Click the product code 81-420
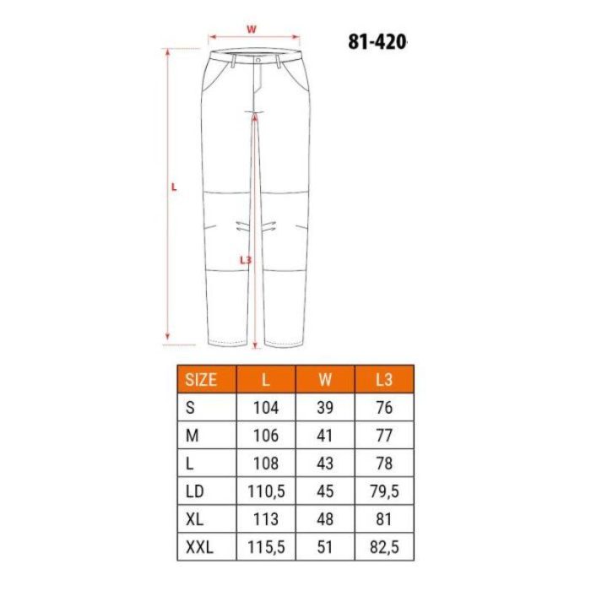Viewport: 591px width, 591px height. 377,42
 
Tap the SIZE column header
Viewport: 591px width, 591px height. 201,380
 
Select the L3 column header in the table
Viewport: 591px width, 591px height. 384,380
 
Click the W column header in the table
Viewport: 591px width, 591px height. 325,380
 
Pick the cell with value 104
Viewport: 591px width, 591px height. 266,408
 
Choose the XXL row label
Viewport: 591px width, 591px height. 199,547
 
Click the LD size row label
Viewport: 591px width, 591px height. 195,491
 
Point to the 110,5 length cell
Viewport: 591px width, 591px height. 266,491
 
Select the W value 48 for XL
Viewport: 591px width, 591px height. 325,519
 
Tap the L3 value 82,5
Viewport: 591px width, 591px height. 384,547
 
